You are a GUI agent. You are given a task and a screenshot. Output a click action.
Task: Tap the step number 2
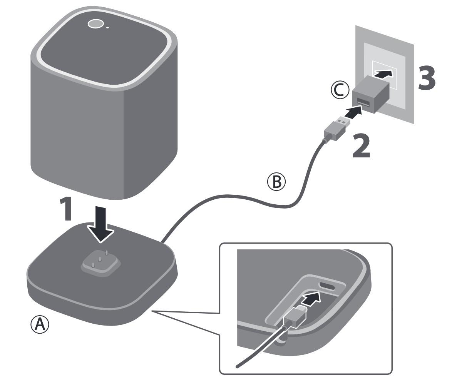pos(362,146)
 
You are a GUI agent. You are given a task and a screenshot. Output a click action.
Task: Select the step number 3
pos(427,79)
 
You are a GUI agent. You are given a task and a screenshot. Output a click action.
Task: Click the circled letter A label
pos(40,325)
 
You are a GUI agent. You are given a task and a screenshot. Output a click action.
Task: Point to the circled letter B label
pos(277,182)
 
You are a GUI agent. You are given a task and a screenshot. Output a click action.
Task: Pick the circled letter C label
pos(340,90)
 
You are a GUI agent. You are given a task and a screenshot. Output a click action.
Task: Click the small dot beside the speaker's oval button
pos(107,28)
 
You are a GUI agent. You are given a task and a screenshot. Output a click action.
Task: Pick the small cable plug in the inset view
pos(295,316)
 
